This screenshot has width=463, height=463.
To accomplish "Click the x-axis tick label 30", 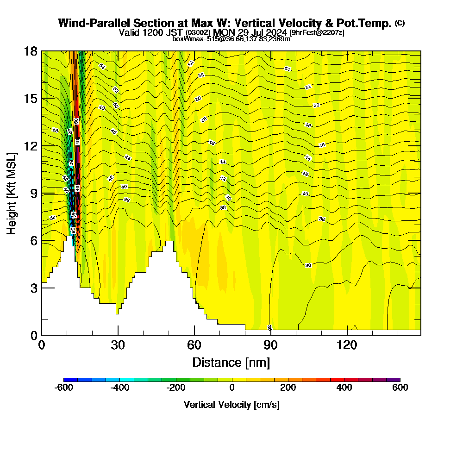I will click(x=118, y=345).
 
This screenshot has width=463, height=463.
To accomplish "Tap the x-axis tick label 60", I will click(x=194, y=345).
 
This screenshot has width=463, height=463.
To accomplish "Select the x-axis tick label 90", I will click(x=270, y=345).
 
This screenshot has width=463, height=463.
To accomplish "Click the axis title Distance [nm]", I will click(x=231, y=362).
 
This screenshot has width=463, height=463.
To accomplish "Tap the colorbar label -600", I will click(x=64, y=388).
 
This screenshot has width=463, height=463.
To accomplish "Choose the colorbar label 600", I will click(x=400, y=388).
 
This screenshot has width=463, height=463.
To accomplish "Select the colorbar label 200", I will click(x=288, y=388).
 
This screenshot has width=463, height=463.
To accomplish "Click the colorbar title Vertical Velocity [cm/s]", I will click(x=231, y=405).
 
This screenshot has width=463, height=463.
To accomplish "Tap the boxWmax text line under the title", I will click(x=231, y=39).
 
